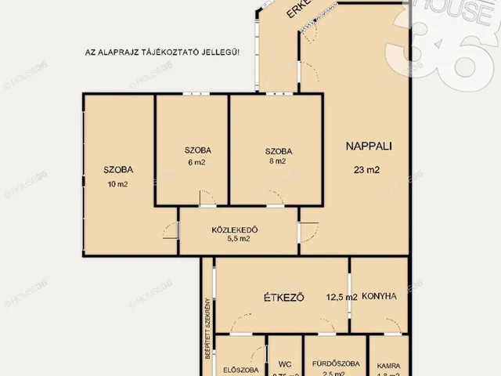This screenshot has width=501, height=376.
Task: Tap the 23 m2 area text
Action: pos(367,169)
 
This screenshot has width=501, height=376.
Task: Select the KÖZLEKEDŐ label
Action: pos(235,230)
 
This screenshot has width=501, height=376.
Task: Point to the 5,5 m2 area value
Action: pos(236,240)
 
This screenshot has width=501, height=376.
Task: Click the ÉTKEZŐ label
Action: pos(283,297)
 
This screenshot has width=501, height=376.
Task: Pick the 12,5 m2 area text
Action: pos(341,297)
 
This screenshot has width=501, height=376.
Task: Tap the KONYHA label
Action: pos(380,296)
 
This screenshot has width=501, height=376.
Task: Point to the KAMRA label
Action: pos(389,365)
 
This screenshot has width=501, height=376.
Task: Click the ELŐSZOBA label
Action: pos(241,370)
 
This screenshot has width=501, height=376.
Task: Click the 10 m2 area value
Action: pos(118,185)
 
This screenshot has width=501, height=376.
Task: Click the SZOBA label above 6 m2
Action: pos(199,150)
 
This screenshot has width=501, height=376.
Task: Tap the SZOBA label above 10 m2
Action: pos(118,168)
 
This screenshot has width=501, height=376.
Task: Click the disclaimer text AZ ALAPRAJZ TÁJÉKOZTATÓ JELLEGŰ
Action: pos(163,52)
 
